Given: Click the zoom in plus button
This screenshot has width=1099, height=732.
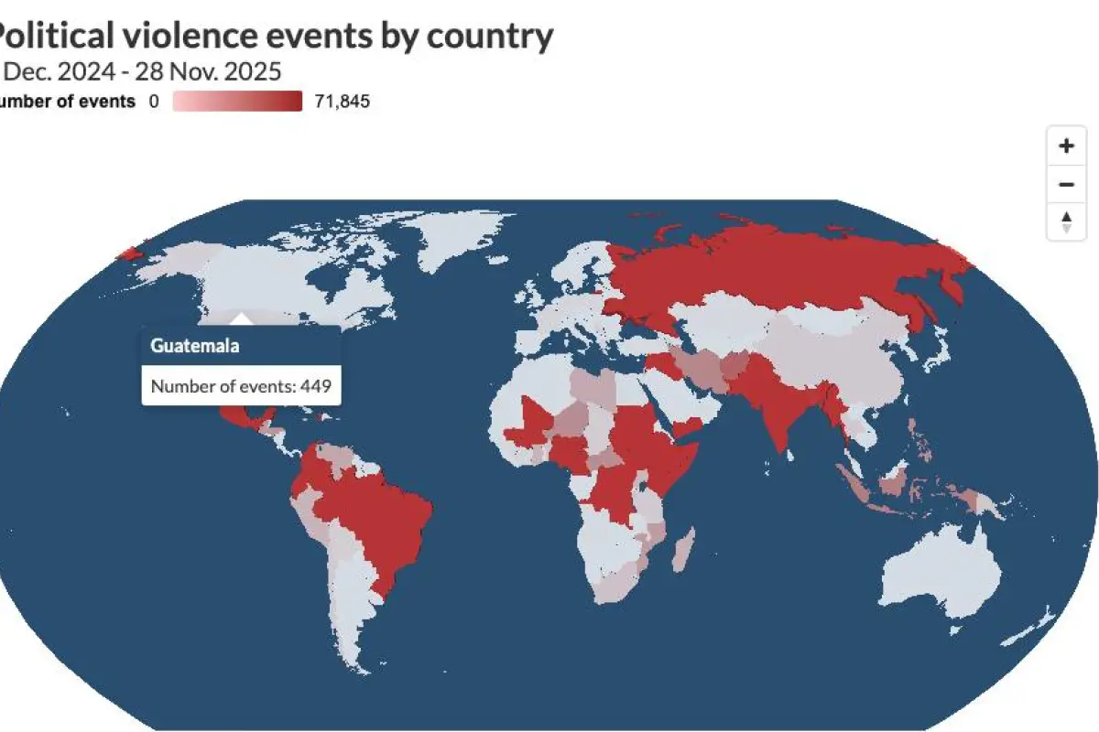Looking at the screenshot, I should (x=1066, y=145).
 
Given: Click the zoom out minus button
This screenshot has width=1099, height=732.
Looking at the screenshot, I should (x=1066, y=184).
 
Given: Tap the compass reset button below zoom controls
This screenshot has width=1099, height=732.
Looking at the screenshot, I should (x=1066, y=221).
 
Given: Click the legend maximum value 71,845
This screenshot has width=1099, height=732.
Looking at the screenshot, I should (x=342, y=102).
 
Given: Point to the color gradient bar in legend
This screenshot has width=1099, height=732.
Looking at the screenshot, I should (x=237, y=102).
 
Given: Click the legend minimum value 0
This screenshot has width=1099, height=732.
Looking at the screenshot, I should (x=154, y=102).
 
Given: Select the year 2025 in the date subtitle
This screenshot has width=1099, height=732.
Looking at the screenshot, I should (x=251, y=71).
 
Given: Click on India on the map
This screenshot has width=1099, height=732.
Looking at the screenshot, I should (x=774, y=403).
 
